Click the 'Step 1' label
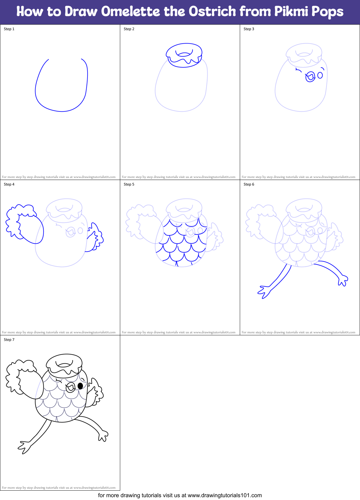pos(9,29)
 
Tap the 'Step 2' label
pos(129,29)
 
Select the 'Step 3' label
pos(249,29)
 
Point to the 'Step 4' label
pos(9,184)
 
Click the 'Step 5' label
pos(129,184)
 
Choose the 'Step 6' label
pos(249,184)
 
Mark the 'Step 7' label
pos(9,340)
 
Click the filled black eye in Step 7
pos(80,386)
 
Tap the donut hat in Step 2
pos(184,55)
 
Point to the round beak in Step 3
pos(310,77)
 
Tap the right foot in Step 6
pos(343,280)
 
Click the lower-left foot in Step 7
pos(24,447)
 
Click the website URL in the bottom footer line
pos(225,495)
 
